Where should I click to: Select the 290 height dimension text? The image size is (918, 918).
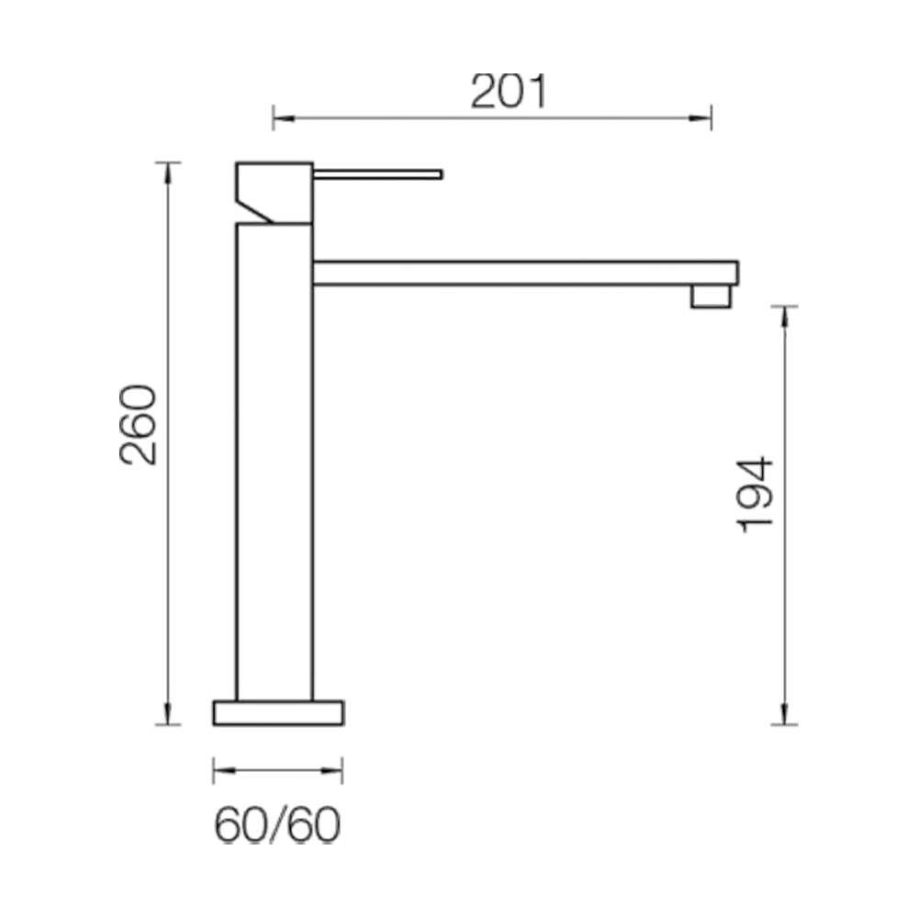pyautogui.click(x=139, y=427)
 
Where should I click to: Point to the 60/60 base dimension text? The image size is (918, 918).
pyautogui.click(x=278, y=824)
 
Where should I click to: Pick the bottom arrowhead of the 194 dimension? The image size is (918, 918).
pyautogui.click(x=786, y=710)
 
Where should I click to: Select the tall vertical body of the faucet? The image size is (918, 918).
pyautogui.click(x=273, y=459)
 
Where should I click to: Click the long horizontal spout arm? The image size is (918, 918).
pyautogui.click(x=523, y=271)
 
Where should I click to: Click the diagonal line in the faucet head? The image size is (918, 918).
pyautogui.click(x=257, y=210)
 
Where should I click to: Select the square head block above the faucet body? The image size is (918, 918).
pyautogui.click(x=273, y=191)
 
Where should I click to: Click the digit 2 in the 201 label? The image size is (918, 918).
pyautogui.click(x=484, y=92)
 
